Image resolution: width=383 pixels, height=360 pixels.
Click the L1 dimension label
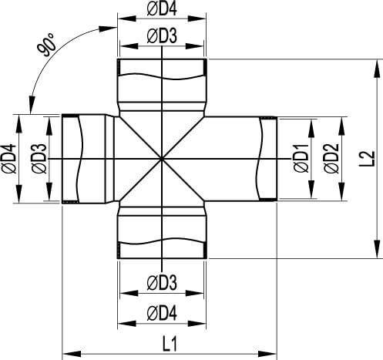tap(170, 344)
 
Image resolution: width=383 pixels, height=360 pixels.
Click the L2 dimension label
tap(368, 159)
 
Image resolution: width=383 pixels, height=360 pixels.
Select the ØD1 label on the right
tap(301, 158)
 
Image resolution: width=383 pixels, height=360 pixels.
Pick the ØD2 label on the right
tap(331, 158)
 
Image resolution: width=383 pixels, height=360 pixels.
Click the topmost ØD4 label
tap(162, 9)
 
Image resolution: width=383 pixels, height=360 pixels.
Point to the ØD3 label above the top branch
tap(162, 36)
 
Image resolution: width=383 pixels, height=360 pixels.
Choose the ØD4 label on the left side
tap(9, 159)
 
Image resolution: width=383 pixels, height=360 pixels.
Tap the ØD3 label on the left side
tap(39, 159)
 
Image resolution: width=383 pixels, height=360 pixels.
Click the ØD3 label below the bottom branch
tap(162, 283)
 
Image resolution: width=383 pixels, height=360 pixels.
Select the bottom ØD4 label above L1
tap(162, 314)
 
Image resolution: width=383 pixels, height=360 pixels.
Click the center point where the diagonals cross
tap(162, 159)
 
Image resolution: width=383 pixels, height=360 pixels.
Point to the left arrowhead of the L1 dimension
tap(72, 354)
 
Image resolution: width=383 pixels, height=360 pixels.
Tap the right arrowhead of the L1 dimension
tap(267, 354)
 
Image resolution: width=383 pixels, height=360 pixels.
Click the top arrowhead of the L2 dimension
tap(377, 68)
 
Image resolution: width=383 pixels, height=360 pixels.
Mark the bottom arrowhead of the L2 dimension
tap(377, 249)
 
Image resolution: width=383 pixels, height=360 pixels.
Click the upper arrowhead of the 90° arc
tap(108, 28)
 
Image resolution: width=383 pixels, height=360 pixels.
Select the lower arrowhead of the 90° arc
tap(32, 104)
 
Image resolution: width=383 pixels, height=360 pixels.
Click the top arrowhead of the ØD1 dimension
tap(311, 128)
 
